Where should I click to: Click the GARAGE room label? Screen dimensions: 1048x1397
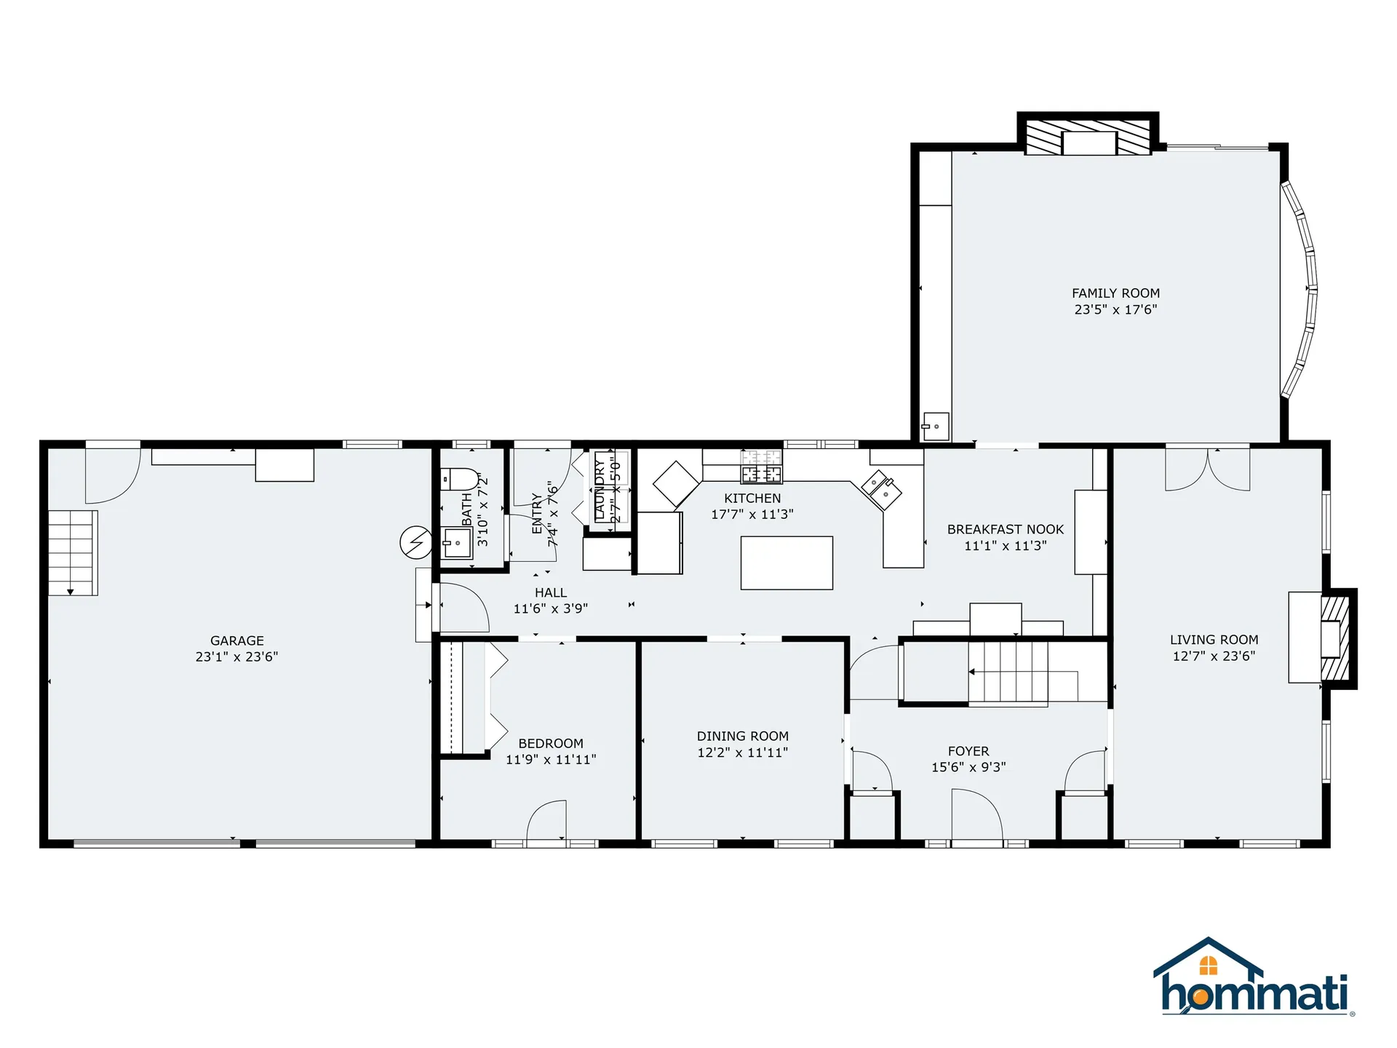[x=236, y=640]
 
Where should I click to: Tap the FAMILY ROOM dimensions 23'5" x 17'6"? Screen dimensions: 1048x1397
[x=1115, y=309]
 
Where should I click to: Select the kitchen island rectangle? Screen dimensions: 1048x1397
[x=787, y=563]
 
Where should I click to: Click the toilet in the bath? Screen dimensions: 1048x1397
[x=460, y=480]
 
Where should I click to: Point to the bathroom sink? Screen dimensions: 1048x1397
[x=457, y=543]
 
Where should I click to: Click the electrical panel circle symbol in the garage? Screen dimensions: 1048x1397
[x=415, y=542]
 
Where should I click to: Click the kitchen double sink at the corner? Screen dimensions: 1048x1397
[x=881, y=490]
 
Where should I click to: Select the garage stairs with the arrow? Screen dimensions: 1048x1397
[x=72, y=553]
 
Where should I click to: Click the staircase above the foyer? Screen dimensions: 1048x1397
[x=1008, y=672]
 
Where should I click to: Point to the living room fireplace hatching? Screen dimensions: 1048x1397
[x=1336, y=639]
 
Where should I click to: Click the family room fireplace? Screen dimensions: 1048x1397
[x=1088, y=138]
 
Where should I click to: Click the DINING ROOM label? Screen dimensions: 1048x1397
[x=742, y=736]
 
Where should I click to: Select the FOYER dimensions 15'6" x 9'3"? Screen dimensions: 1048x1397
[x=968, y=767]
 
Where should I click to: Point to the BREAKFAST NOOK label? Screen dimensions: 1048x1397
[x=1005, y=529]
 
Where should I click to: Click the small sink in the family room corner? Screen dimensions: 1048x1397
[x=935, y=427]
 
